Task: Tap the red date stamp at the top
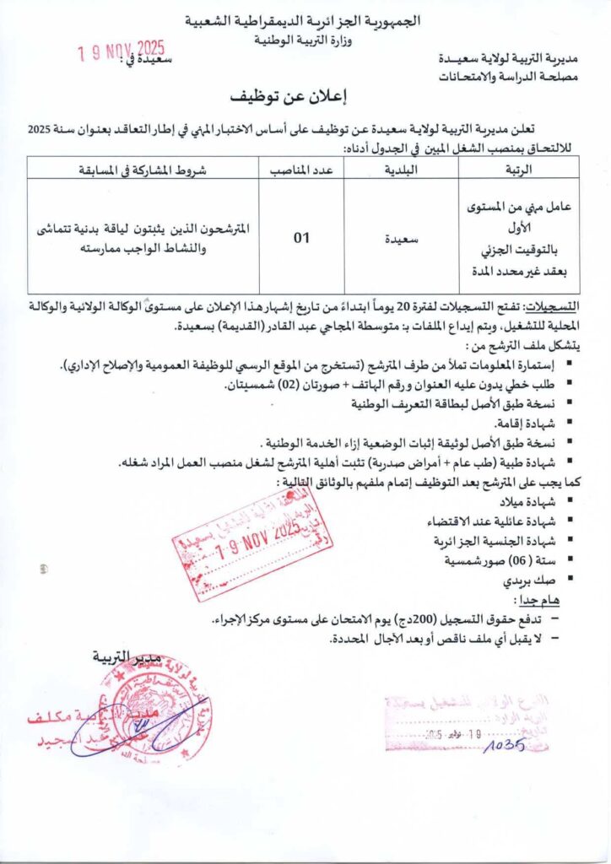121,53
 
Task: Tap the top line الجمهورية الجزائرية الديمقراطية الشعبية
305,19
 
